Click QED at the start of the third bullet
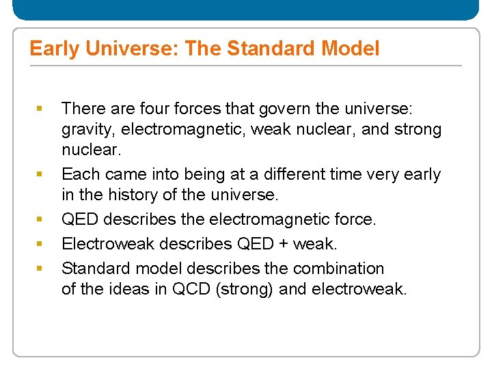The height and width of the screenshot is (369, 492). point(79,219)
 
